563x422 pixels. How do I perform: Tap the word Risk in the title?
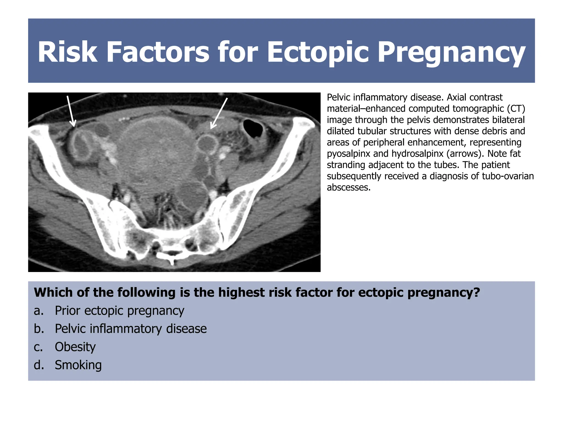click(x=67, y=52)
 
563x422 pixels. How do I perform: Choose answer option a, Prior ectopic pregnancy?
click(x=119, y=311)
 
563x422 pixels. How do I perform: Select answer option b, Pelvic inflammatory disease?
click(x=131, y=329)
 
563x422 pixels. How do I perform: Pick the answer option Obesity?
click(x=75, y=347)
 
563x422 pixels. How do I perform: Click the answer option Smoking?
click(x=78, y=365)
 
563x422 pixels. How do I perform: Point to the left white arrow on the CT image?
click(x=71, y=111)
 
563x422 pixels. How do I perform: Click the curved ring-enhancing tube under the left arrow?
click(x=81, y=144)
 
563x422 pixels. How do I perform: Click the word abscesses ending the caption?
click(x=349, y=187)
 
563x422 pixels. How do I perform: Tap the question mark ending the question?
click(x=477, y=293)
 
